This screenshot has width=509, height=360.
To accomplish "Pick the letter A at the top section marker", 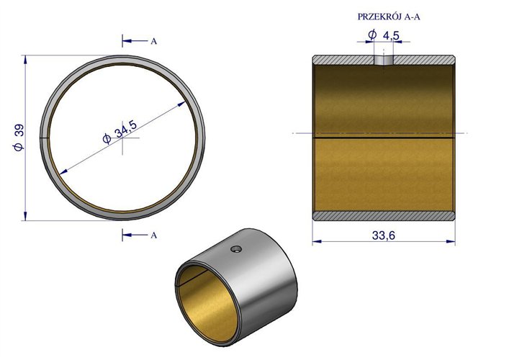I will (153, 41).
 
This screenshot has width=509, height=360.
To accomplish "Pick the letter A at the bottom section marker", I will (153, 235).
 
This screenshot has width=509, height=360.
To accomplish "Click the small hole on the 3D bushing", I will (235, 249).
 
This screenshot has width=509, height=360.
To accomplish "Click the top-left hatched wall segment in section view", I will (342, 58).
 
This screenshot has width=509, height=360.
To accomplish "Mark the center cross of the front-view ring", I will (123, 135).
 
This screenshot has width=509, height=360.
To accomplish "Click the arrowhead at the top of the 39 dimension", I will (26, 58).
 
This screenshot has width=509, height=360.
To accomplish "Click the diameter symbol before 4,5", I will (371, 35).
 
